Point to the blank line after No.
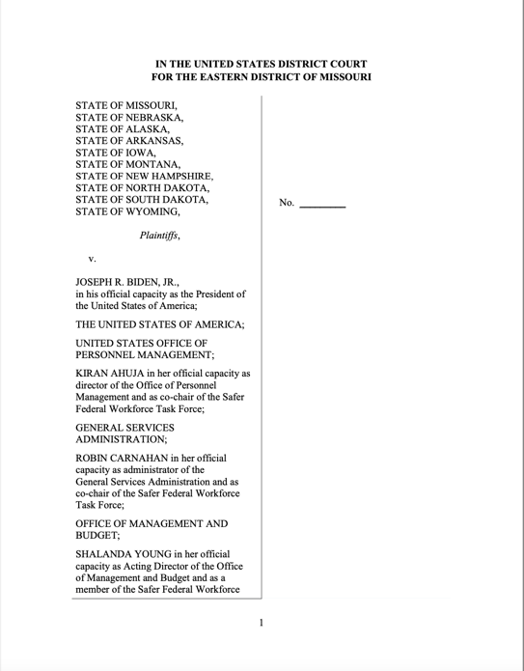coord(322,205)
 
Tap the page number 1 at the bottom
coord(262,623)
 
